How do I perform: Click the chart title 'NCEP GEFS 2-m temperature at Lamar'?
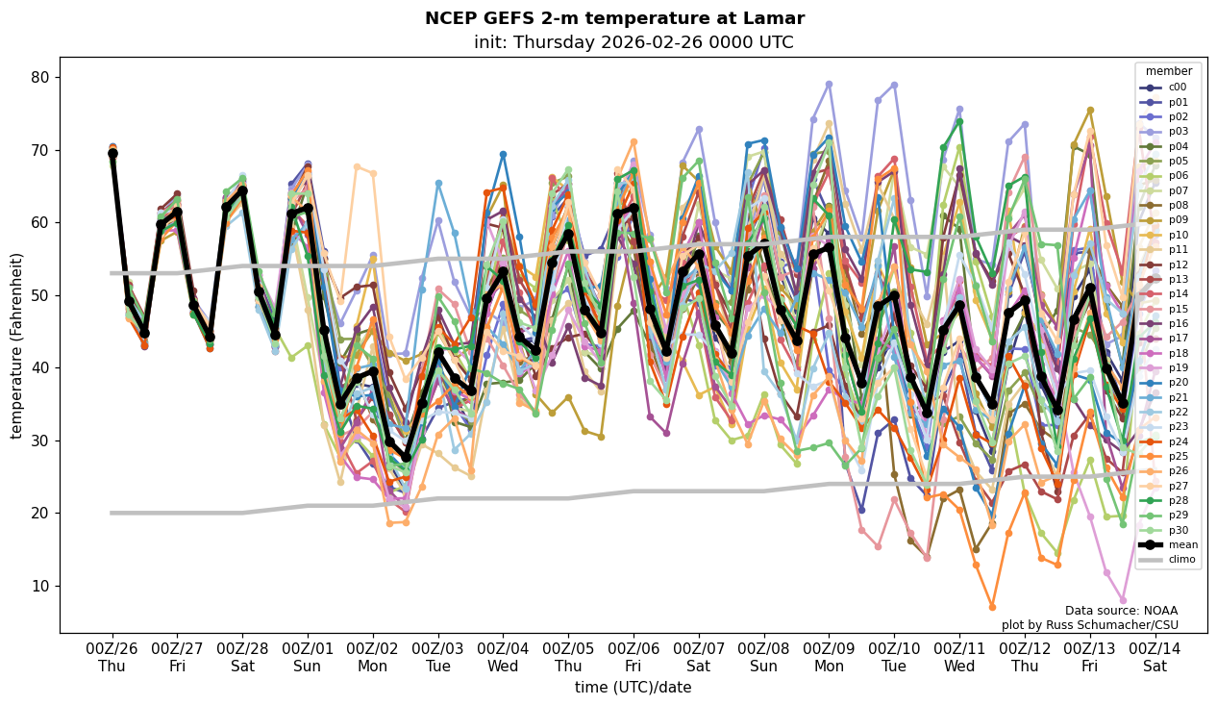(614, 18)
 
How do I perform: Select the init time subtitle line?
(633, 42)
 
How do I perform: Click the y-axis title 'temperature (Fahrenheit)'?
(17, 345)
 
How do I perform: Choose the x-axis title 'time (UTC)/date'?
(633, 687)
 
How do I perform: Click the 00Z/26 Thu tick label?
(112, 656)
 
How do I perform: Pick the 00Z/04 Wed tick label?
(503, 656)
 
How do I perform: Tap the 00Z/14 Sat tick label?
(1155, 656)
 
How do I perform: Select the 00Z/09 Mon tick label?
(829, 656)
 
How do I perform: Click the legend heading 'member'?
(1168, 71)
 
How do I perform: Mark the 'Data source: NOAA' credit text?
(1121, 611)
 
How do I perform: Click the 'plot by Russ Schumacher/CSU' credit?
(1089, 625)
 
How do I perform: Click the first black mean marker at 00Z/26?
(112, 153)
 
